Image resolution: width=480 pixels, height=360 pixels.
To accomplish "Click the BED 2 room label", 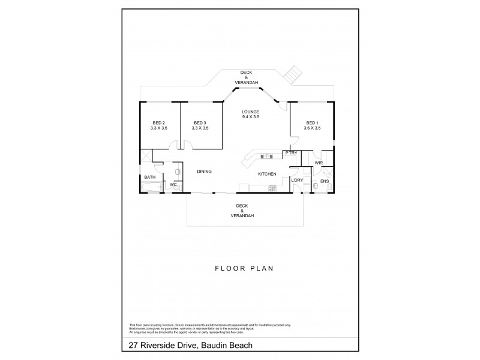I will pyautogui.click(x=158, y=122).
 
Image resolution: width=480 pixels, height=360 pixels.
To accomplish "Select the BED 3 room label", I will pyautogui.click(x=200, y=122).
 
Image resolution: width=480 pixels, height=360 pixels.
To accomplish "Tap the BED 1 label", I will pyautogui.click(x=312, y=122).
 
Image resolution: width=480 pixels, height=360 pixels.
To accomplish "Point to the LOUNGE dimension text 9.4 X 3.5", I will pyautogui.click(x=250, y=117).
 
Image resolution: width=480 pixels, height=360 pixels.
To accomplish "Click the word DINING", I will pyautogui.click(x=205, y=172).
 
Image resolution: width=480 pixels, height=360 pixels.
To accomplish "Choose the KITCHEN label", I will pyautogui.click(x=267, y=174).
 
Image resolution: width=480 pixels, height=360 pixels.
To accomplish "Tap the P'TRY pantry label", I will pyautogui.click(x=292, y=154).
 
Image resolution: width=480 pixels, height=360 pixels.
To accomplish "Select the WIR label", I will pyautogui.click(x=319, y=163).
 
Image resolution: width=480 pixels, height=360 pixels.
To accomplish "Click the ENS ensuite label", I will pyautogui.click(x=324, y=181).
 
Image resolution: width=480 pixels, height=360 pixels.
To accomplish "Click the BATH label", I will pyautogui.click(x=149, y=177).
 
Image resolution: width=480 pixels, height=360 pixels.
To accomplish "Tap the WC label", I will pyautogui.click(x=173, y=184).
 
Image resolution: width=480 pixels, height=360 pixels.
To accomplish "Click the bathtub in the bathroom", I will pyautogui.click(x=151, y=188).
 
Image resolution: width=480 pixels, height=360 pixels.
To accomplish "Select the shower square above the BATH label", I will pyautogui.click(x=147, y=157).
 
